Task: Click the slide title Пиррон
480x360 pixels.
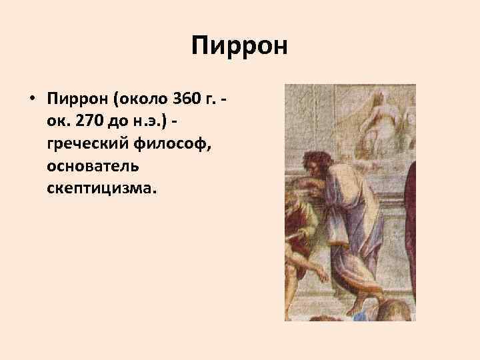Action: click(x=239, y=47)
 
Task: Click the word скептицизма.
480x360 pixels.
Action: click(x=102, y=189)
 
